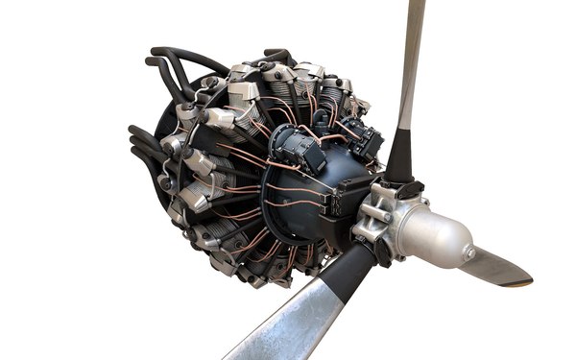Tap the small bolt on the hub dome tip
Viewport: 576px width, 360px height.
click(x=469, y=252)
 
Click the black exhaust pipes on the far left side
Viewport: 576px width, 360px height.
click(x=144, y=149)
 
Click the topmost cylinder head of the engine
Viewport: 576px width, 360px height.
click(x=278, y=72)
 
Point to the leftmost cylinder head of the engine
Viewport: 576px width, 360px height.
click(x=178, y=144)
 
